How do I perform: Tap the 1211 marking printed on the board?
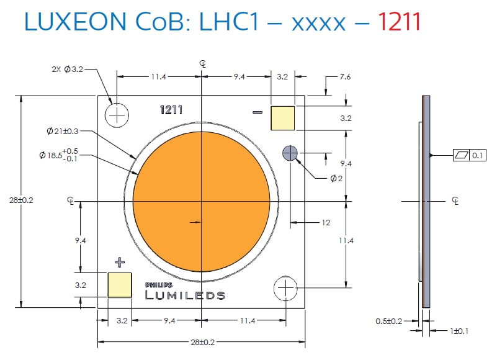(171, 110)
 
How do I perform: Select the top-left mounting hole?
(117, 115)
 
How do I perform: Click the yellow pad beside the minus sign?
(282, 118)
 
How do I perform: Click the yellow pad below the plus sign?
(120, 286)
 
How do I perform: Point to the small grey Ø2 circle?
(290, 153)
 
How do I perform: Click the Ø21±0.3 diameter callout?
(63, 131)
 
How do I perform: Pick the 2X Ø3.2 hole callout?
(67, 69)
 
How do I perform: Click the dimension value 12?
(325, 222)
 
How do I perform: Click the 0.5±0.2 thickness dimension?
(389, 321)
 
